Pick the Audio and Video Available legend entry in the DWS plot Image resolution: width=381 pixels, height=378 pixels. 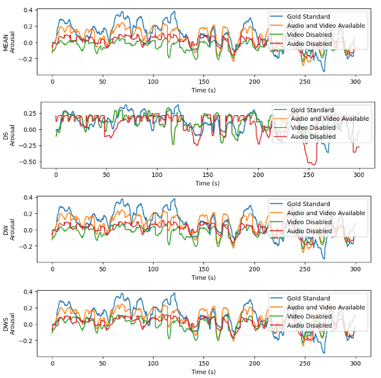tap(325, 307)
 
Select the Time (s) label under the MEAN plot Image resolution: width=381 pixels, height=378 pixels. tap(203, 90)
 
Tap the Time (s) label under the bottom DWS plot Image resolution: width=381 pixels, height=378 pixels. tap(203, 372)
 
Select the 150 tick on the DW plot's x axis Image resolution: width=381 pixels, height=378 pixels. tap(203, 269)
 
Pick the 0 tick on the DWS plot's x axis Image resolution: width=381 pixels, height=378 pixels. tap(52, 363)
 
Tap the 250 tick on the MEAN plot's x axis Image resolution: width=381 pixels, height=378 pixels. tap(304, 81)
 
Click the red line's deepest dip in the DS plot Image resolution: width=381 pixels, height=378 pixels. tap(313, 164)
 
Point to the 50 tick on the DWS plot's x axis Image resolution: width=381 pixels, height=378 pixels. tap(103, 363)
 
